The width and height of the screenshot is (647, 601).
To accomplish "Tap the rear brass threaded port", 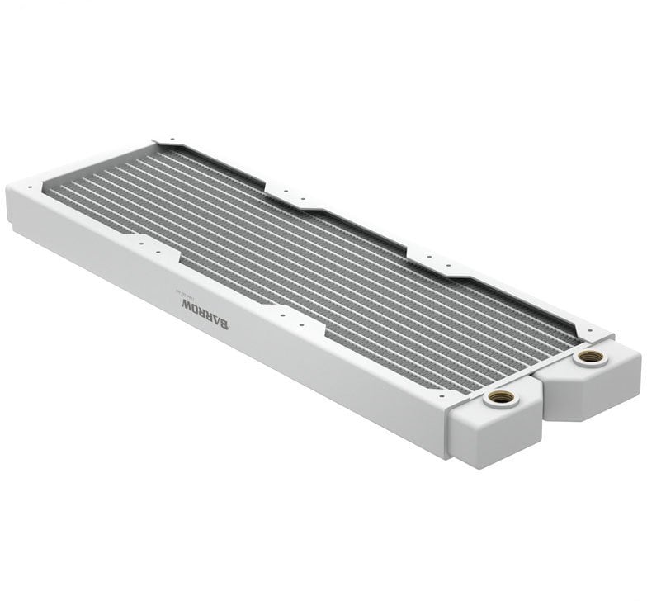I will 590,356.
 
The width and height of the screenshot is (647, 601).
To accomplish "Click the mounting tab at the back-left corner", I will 168,142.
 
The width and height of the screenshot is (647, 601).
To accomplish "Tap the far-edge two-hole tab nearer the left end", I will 291,196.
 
